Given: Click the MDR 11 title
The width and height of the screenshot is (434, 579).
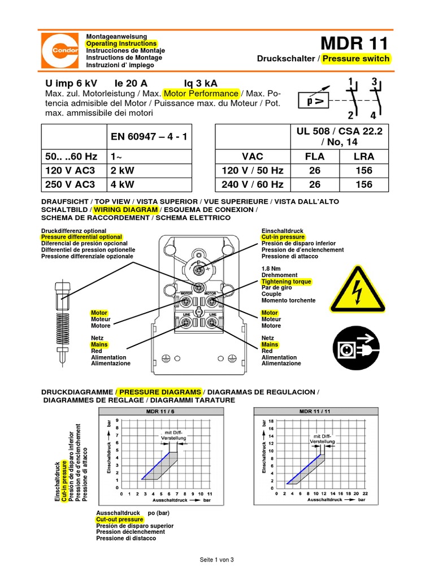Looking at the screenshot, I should coord(355,44).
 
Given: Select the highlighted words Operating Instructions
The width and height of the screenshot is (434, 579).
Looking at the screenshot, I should coord(121,44).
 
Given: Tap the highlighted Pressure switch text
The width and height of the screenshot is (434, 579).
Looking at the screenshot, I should coord(356,59).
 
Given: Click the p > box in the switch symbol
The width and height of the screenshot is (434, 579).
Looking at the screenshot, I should coord(312,102).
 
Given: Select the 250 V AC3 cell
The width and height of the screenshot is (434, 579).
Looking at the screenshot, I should coord(69,184).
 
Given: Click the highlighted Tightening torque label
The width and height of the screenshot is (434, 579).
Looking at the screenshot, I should coord(286,281).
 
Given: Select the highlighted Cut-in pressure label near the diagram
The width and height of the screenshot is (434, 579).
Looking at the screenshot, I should coord(284,237).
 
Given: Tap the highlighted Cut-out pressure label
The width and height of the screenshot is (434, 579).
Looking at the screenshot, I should coord(120,519).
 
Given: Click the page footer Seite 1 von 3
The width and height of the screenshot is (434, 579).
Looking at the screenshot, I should coord(216,560).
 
